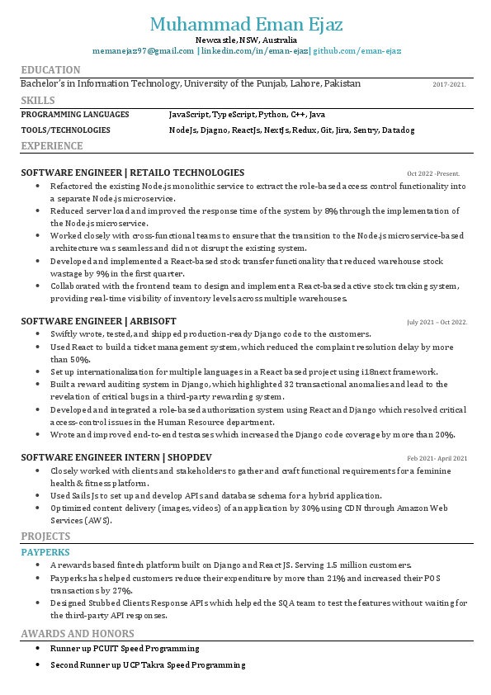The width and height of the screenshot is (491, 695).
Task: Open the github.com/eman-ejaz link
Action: tap(356, 51)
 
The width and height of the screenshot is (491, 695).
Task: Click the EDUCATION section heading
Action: tap(50, 70)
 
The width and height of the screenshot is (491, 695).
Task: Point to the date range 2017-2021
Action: tap(449, 84)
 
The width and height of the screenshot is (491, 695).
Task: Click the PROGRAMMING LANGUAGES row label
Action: tap(75, 115)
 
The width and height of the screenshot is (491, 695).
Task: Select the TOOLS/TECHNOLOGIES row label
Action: tap(65, 130)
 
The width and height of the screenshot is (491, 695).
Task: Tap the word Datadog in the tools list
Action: tap(398, 130)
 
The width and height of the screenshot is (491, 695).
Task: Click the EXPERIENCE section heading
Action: tap(52, 146)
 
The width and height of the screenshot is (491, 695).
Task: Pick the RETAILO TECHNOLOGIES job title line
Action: tap(132, 173)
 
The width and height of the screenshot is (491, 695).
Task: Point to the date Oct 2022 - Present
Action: tap(432, 173)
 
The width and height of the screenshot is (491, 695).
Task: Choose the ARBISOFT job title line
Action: tap(98, 320)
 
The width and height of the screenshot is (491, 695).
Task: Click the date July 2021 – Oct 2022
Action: tap(437, 322)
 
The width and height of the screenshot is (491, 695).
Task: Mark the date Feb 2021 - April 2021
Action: tap(437, 458)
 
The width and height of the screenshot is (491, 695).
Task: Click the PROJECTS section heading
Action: tap(45, 537)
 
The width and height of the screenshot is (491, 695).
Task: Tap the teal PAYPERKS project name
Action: tap(45, 551)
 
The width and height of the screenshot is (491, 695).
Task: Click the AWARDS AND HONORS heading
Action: tap(77, 634)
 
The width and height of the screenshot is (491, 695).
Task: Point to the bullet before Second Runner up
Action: tap(37, 664)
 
